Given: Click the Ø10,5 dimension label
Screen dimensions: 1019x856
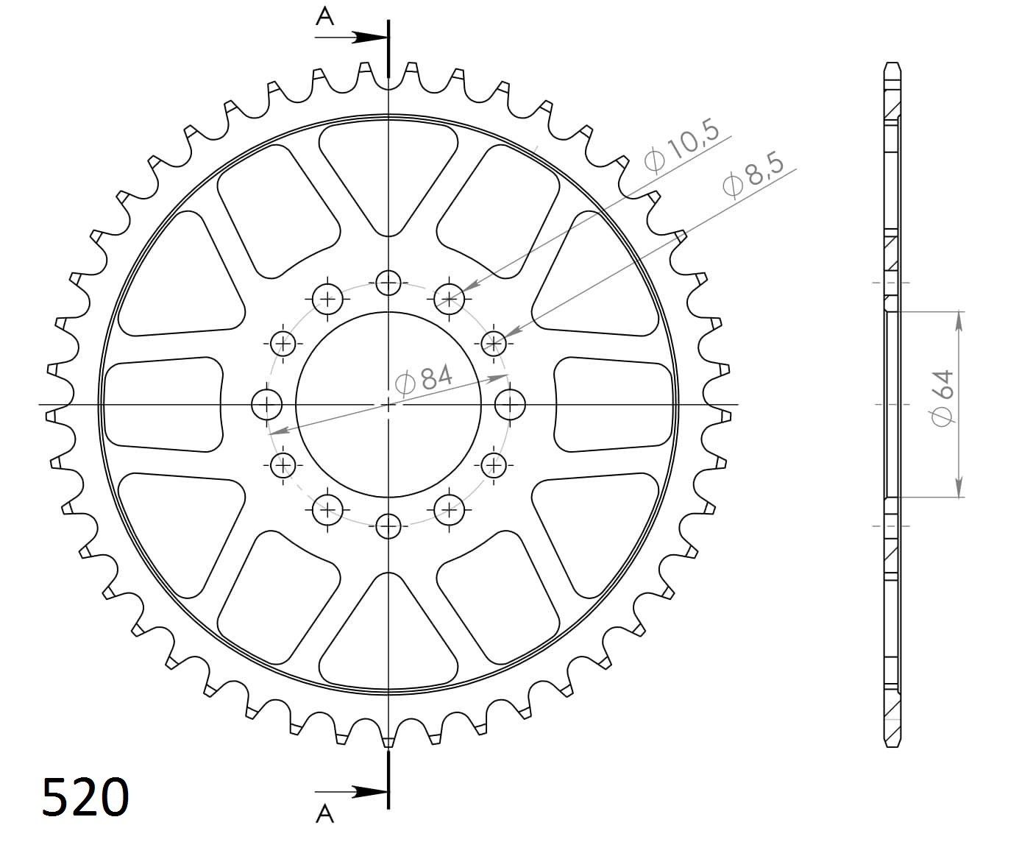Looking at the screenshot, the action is coord(681,146).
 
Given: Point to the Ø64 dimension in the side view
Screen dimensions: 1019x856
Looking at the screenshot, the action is coord(942,398).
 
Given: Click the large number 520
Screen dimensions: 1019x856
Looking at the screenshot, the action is coord(85,797).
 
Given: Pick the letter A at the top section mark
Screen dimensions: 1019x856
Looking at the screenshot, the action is coord(325,16).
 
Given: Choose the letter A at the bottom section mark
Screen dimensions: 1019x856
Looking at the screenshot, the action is coord(325,814).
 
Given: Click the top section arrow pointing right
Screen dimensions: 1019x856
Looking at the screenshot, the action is coord(352,37).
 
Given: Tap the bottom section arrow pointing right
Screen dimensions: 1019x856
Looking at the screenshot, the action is coord(352,792).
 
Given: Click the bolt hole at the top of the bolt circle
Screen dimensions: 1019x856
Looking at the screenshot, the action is coord(388,283).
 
